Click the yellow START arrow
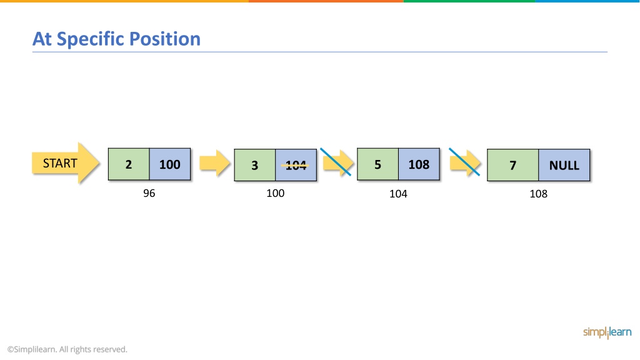coord(65,163)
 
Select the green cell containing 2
coord(129,164)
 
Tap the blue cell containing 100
coord(170,164)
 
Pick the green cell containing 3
coord(255,165)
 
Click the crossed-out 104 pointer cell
coord(296,165)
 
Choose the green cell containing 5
coord(377,164)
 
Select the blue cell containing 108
coord(419,164)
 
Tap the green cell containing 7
coord(512,165)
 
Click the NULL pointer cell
coord(564,165)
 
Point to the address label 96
coord(149,193)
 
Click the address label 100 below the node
coord(276,193)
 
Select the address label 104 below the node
coord(398,194)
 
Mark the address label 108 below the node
coord(538,194)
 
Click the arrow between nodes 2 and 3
coord(215,163)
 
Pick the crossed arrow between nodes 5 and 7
coord(465,162)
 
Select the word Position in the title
coord(165,39)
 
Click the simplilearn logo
coord(607,332)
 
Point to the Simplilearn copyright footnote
coord(67,349)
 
